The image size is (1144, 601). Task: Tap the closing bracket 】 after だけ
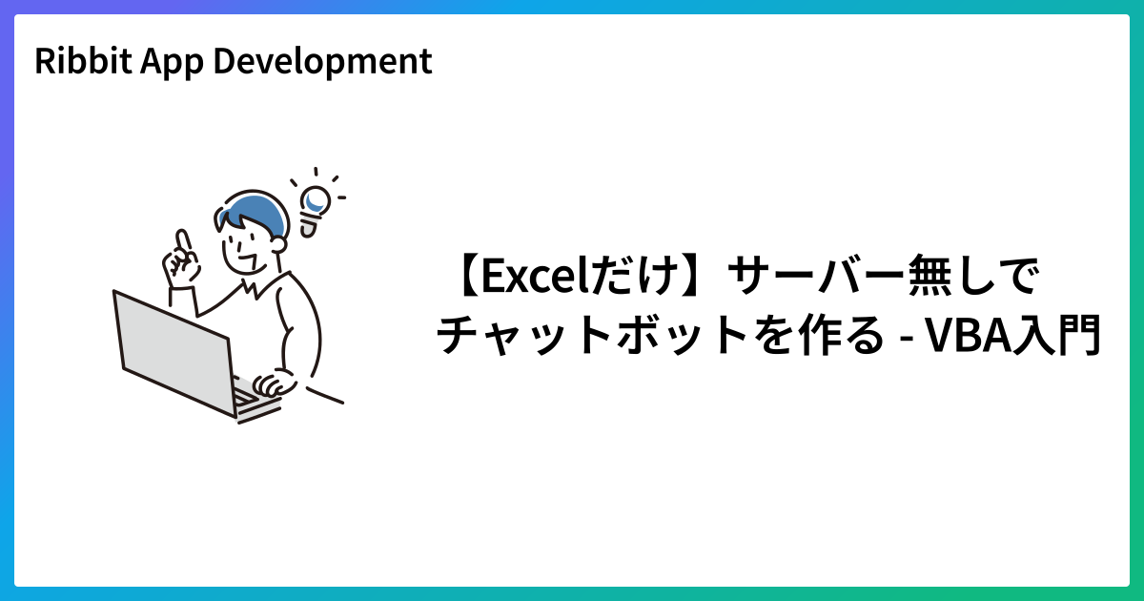tap(692, 279)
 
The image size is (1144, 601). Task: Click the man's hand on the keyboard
tap(275, 383)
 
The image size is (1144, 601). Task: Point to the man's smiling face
tap(250, 250)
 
